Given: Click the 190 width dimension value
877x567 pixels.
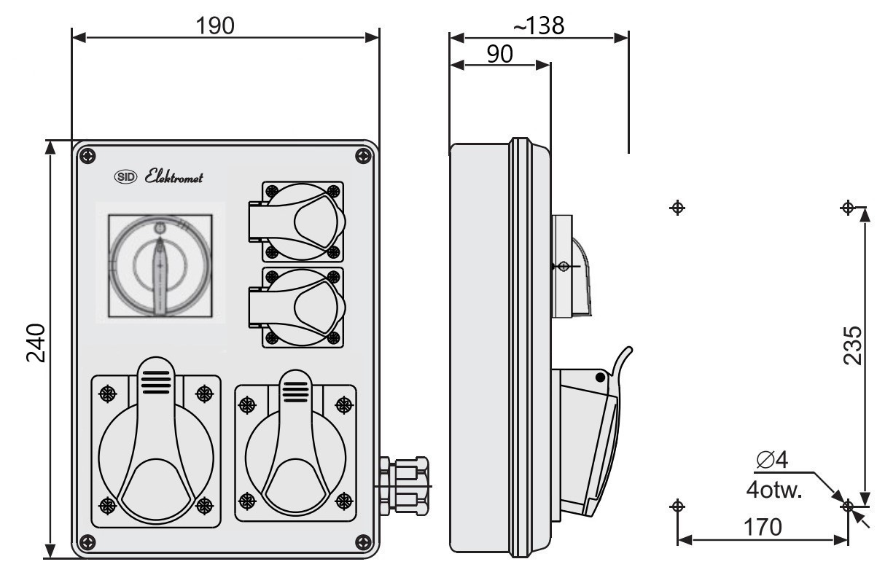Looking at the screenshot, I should pos(215,26).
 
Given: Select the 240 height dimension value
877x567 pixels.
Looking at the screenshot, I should pos(36,343).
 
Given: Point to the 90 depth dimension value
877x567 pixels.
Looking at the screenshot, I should pos(499,54).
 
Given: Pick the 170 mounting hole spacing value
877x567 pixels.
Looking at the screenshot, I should pos(762,526).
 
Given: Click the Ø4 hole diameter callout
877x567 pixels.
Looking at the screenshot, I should pos(772,460).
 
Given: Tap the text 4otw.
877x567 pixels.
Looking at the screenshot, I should pos(774,489).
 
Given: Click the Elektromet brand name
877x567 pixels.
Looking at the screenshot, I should pos(174,177).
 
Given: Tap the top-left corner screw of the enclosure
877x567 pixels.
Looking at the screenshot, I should pos(87,155).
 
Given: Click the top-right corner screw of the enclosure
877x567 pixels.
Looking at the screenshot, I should pos(363,155).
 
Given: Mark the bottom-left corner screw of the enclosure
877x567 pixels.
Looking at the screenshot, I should pos(87,541).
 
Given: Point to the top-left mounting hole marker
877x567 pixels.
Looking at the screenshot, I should pos(677,208).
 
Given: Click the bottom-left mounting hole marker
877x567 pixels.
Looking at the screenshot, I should pos(677,505).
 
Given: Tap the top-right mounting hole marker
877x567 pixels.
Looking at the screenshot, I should pos(847,208).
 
